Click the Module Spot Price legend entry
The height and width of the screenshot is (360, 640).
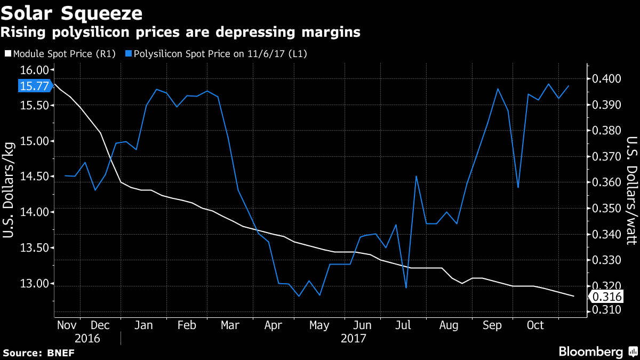(60, 53)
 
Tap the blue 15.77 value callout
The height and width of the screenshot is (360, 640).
(35, 86)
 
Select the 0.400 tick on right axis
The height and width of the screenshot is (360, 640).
(607, 79)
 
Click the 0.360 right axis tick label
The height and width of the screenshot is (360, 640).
(607, 182)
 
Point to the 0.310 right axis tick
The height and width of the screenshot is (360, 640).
(607, 310)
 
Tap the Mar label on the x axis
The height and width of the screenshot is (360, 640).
(229, 325)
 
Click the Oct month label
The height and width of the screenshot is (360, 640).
(535, 325)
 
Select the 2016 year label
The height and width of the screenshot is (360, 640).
(88, 338)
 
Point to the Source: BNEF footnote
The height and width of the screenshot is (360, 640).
(39, 353)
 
